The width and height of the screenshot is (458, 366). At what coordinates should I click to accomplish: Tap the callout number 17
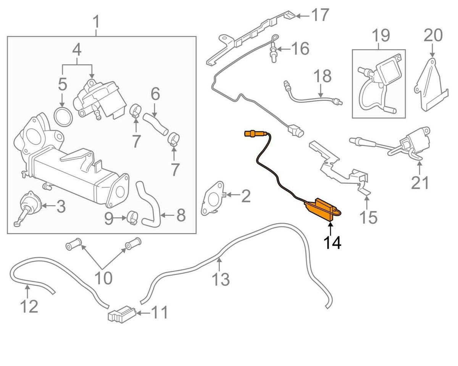(319, 15)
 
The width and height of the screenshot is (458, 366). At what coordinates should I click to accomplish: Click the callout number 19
(381, 36)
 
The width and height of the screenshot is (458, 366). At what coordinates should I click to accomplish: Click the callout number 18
(323, 76)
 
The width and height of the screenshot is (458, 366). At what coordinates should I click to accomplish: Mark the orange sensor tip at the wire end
(251, 134)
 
